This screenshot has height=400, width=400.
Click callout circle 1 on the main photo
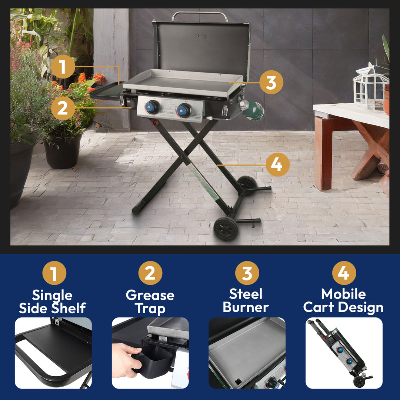point(63,67)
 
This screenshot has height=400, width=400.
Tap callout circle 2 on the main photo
point(63,108)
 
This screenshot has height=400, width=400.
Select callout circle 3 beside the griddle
point(271,82)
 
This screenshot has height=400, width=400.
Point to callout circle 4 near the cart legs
point(277,165)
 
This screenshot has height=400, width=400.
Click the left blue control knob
point(152,107)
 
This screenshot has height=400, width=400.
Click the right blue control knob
point(184,110)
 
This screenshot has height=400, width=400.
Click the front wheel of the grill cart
point(226,229)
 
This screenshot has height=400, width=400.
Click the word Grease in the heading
point(150,295)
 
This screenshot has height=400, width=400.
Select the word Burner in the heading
point(246,307)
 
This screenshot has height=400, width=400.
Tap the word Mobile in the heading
point(343,294)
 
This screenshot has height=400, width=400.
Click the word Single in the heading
point(52,295)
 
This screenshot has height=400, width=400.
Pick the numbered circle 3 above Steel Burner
point(247,273)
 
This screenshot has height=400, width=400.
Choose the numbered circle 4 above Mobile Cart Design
point(344,273)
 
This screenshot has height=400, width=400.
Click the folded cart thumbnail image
point(344,353)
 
